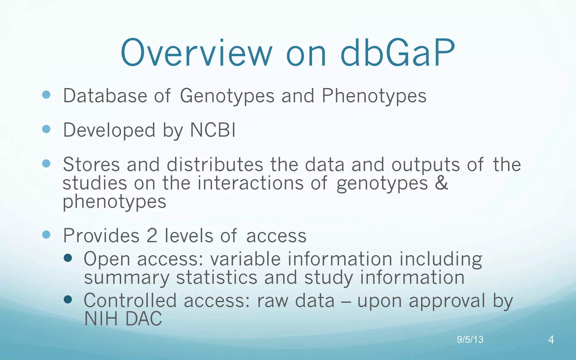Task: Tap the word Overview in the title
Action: click(196, 53)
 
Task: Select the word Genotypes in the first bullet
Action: click(227, 96)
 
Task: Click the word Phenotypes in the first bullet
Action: click(374, 96)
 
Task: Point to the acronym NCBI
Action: click(213, 130)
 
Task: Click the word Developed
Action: click(109, 130)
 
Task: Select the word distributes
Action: click(215, 165)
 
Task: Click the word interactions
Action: click(250, 183)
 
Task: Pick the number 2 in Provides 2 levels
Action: click(152, 236)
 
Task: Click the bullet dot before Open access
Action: click(68, 258)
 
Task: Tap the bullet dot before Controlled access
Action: click(68, 300)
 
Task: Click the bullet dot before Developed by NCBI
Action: click(46, 129)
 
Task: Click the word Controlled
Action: click(130, 301)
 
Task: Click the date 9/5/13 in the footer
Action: click(470, 340)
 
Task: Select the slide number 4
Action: click(551, 340)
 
